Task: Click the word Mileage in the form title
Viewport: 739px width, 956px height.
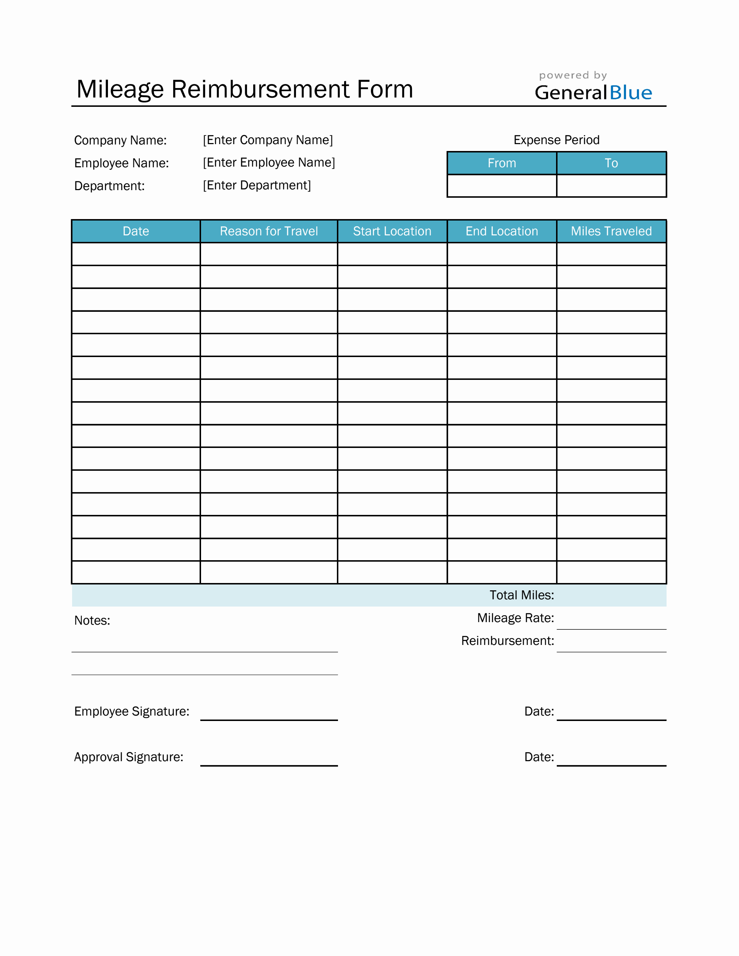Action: point(120,90)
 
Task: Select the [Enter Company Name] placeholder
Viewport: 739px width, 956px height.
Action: point(267,140)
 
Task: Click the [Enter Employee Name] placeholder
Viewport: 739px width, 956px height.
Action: point(269,163)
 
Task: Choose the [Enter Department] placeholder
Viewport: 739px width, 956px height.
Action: point(256,186)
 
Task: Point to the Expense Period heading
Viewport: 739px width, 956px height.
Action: point(556,140)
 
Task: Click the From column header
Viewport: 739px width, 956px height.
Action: point(502,163)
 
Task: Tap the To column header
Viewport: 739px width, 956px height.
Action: point(611,163)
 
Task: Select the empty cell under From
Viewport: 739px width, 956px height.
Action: point(502,186)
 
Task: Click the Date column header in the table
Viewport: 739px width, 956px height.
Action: point(136,231)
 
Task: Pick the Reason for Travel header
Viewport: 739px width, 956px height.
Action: point(269,231)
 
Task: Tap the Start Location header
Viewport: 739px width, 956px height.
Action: point(392,231)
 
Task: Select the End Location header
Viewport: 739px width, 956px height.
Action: point(502,231)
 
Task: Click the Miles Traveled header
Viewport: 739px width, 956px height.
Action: point(611,231)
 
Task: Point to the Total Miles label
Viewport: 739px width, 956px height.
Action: point(521,595)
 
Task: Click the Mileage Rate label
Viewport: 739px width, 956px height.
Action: point(515,618)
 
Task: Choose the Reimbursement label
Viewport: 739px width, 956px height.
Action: point(508,641)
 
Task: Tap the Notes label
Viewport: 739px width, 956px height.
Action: point(92,621)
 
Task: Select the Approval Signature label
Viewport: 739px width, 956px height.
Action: point(129,757)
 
